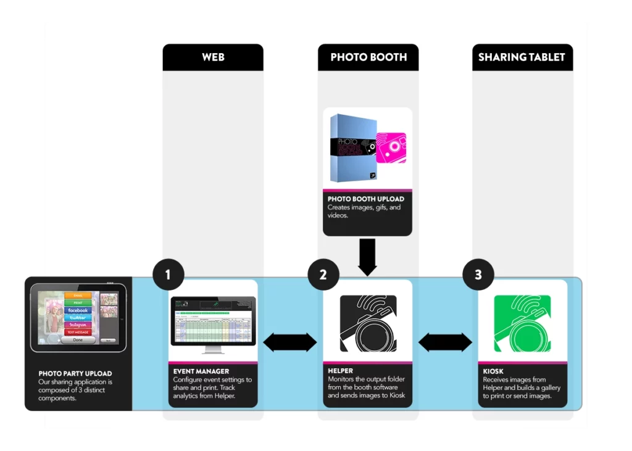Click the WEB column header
213,57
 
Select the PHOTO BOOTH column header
368,57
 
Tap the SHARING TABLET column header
522,57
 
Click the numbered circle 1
168,275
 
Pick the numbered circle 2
323,275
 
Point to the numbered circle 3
478,275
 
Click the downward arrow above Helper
367,257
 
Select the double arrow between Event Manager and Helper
290,342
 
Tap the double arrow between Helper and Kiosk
445,342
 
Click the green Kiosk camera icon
522,324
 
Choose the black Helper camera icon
368,324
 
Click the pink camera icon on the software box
391,147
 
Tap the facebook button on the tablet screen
78,310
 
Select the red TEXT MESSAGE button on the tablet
78,332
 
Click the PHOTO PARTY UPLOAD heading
75,373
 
